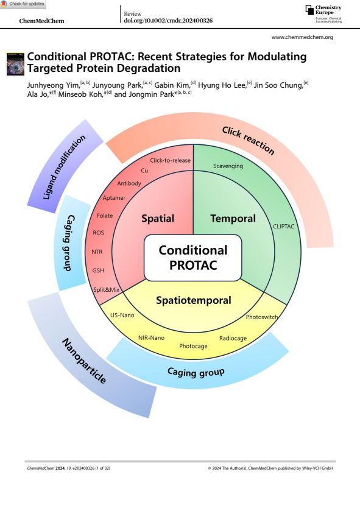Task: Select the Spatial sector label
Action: (x=158, y=218)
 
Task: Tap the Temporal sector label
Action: (x=233, y=218)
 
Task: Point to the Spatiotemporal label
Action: (x=193, y=300)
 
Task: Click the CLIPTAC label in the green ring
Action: (x=284, y=226)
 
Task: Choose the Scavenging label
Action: (x=228, y=166)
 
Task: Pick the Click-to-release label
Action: (x=171, y=161)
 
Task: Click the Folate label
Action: (x=105, y=216)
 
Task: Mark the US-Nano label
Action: (x=122, y=315)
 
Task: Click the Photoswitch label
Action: (x=262, y=317)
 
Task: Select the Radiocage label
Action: (x=233, y=336)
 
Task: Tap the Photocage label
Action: (x=193, y=346)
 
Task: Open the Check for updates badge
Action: (x=23, y=4)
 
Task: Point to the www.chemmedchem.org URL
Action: (x=302, y=38)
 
